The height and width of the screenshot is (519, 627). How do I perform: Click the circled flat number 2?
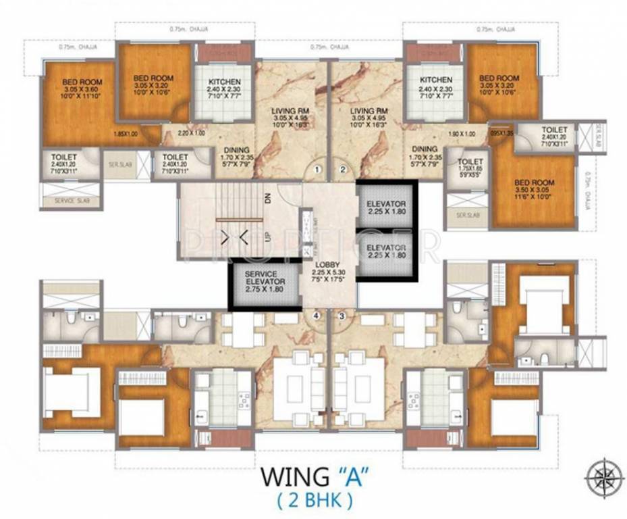[342, 169]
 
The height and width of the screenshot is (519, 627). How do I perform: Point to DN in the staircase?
[267, 199]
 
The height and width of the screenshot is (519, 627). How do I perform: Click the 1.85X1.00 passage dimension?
[126, 133]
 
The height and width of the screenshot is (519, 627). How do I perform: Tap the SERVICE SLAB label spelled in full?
[70, 201]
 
